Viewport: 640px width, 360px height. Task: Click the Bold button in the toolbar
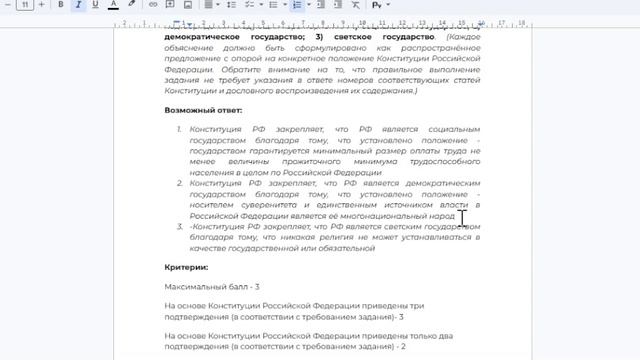[x=60, y=5]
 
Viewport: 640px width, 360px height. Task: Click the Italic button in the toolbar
[x=77, y=5]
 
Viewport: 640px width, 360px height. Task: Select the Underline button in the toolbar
[x=94, y=5]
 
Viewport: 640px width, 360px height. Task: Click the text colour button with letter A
[x=112, y=5]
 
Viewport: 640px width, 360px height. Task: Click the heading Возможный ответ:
[x=203, y=110]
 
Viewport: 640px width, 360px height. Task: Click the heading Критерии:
[x=186, y=267]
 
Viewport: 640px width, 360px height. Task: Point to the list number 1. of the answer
[x=179, y=129]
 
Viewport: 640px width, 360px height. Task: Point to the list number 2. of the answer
[x=179, y=183]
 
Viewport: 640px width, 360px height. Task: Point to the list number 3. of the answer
[x=179, y=226]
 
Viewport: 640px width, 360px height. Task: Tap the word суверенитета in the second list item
[x=262, y=205]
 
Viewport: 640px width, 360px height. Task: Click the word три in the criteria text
[x=417, y=305]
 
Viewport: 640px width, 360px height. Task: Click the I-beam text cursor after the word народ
[x=463, y=217]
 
